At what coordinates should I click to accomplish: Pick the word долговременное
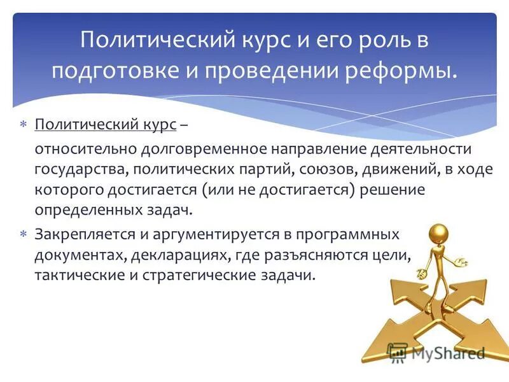pyautogui.click(x=190, y=149)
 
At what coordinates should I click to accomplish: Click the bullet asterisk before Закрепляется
pyautogui.click(x=23, y=234)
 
